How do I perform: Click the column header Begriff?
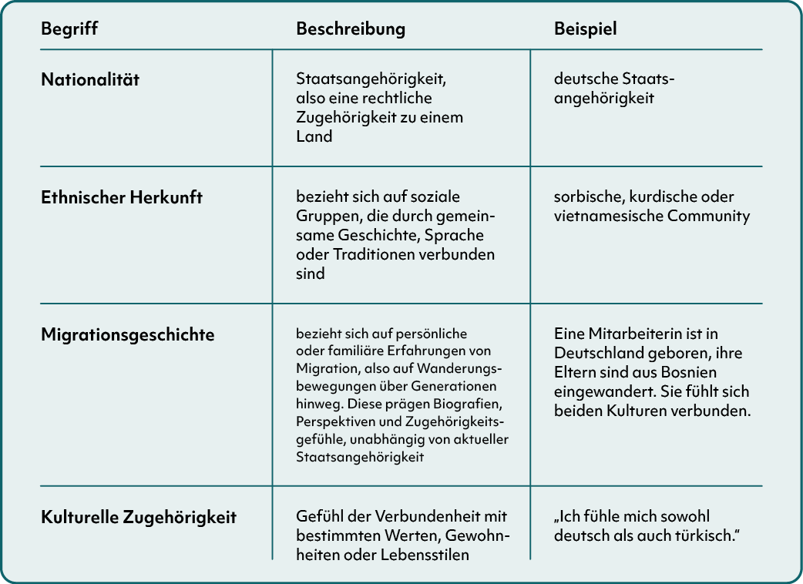point(69,29)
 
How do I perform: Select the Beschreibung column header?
point(351,29)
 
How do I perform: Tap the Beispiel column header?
point(586,29)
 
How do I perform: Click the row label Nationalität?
point(90,79)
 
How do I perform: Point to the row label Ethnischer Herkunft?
point(122,197)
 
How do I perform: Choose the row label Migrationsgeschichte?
point(128,335)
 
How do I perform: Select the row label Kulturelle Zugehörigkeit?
point(139,517)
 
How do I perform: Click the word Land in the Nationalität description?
point(314,137)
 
